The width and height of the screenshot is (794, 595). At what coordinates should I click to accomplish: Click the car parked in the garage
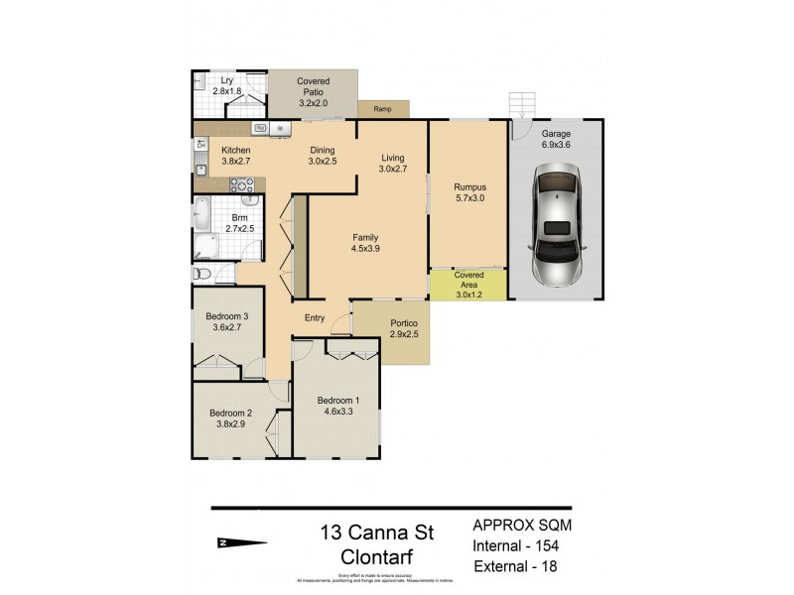tap(559, 226)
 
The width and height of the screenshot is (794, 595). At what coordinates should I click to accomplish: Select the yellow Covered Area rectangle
tap(467, 284)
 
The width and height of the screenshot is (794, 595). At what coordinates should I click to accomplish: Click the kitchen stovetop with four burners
tap(242, 183)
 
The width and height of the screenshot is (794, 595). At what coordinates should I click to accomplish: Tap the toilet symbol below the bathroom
tap(201, 273)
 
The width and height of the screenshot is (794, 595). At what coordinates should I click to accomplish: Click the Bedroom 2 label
tap(229, 415)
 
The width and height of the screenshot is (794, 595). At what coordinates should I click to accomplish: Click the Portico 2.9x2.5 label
tap(404, 328)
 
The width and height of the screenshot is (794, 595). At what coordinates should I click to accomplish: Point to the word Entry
tap(314, 317)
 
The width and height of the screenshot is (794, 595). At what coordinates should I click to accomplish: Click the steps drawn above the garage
tap(522, 104)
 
